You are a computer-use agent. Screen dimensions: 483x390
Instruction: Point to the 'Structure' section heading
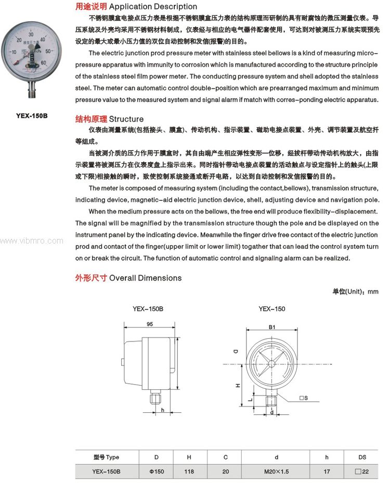pyautogui.click(x=126, y=119)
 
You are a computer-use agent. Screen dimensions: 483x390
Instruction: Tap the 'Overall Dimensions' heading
pyautogui.click(x=145, y=278)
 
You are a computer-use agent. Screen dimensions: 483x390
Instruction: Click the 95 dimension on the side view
pyautogui.click(x=149, y=324)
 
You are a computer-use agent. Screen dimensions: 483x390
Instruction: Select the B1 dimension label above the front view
pyautogui.click(x=271, y=327)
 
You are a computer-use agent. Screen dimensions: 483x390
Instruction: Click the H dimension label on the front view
pyautogui.click(x=238, y=386)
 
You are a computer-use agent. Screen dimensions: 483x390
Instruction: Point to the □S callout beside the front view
pyautogui.click(x=304, y=398)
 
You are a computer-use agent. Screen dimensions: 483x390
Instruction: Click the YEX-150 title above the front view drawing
pyautogui.click(x=271, y=309)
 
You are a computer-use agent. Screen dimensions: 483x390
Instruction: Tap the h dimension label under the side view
pyautogui.click(x=163, y=410)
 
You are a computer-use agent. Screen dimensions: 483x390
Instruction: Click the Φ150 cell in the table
pyautogui.click(x=156, y=472)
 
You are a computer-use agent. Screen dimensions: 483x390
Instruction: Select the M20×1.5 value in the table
pyautogui.click(x=276, y=472)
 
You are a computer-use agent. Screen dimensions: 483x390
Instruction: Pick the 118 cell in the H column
pyautogui.click(x=189, y=472)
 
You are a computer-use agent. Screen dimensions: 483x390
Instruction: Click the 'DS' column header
pyautogui.click(x=362, y=457)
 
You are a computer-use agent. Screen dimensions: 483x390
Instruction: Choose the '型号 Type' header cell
pyautogui.click(x=106, y=457)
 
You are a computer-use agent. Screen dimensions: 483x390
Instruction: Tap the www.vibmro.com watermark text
pyautogui.click(x=32, y=241)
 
